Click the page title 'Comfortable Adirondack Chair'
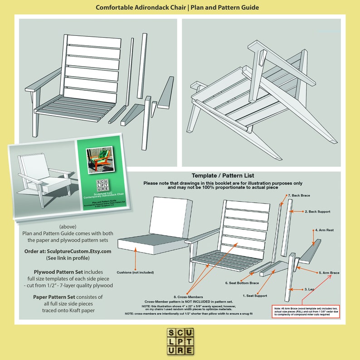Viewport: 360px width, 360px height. coord(141,8)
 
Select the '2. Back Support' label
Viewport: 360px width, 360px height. coord(317,211)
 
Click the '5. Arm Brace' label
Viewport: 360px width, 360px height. coord(329,272)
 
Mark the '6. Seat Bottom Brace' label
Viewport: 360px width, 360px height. coord(242,283)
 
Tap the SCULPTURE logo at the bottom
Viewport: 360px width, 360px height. coord(180,341)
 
